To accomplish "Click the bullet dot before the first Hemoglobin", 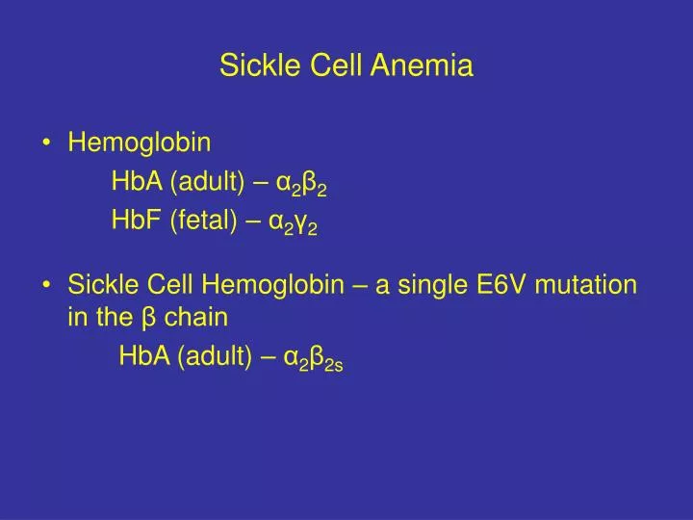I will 47,144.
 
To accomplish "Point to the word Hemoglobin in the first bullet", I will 140,143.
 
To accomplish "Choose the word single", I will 424,285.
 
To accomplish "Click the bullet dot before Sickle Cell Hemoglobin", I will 47,286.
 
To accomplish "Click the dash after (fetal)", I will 253,221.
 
